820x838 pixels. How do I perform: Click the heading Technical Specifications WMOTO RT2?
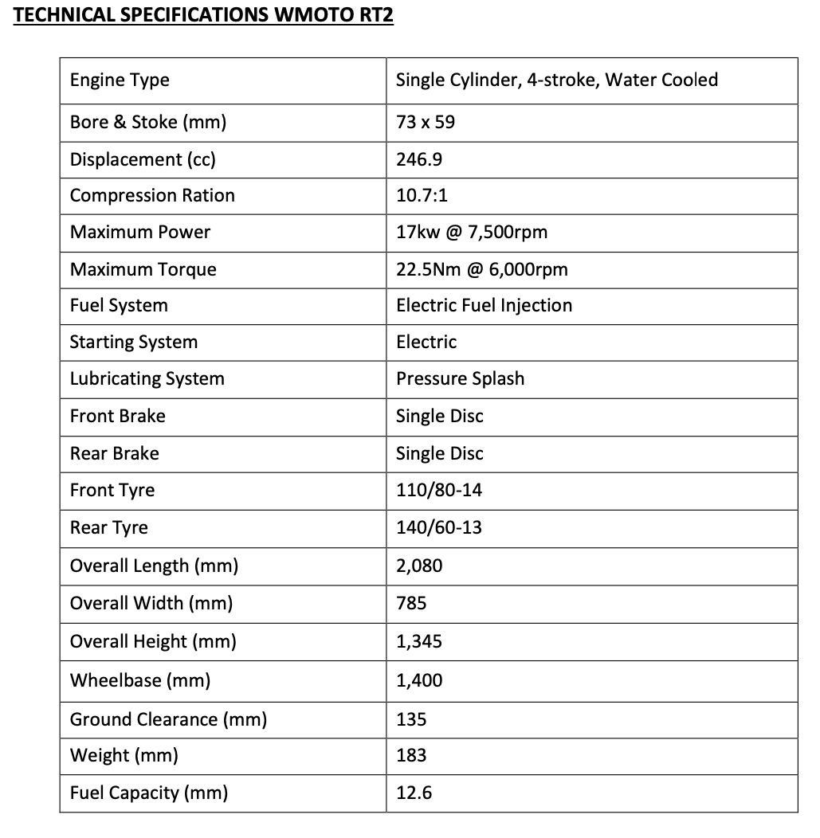point(204,16)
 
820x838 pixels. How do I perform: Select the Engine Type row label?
point(120,80)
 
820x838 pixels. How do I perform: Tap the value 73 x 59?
point(426,123)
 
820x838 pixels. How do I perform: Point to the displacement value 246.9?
point(419,159)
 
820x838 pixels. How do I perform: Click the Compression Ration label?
point(152,196)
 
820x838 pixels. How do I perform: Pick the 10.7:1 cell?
point(422,196)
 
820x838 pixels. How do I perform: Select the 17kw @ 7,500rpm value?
point(472,233)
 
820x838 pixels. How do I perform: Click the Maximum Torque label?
point(143,269)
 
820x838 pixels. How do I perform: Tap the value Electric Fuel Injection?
point(484,306)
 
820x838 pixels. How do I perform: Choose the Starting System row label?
point(134,343)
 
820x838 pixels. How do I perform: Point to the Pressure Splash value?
point(460,379)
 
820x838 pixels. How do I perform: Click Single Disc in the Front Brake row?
point(440,416)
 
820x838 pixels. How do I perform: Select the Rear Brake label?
point(115,453)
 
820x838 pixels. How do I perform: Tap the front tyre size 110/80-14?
point(439,490)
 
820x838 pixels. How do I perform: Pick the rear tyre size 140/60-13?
point(439,527)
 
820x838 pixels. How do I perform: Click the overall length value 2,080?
point(419,566)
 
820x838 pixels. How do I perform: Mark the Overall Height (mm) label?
point(153,642)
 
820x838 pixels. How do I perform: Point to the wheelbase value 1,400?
point(419,681)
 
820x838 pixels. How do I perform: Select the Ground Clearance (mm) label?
point(168,720)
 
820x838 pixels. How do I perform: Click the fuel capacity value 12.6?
point(414,793)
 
